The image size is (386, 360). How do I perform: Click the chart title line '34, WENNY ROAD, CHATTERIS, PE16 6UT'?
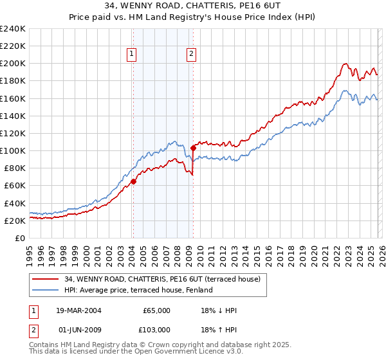(192, 5)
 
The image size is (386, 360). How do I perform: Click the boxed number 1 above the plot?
(131, 55)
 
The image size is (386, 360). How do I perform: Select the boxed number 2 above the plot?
(192, 55)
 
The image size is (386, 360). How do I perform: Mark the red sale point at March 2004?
(133, 181)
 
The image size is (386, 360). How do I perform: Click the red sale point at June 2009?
(193, 148)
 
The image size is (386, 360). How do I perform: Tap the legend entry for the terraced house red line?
(162, 279)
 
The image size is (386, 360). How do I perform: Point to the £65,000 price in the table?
(155, 310)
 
